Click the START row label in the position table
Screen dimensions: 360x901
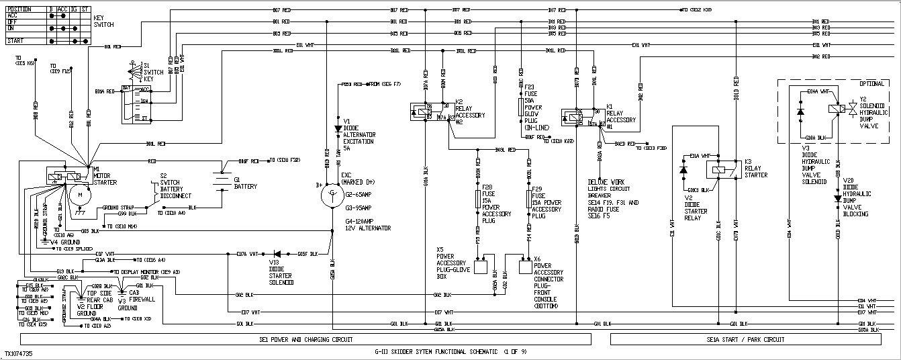(16, 41)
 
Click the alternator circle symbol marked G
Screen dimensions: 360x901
(332, 195)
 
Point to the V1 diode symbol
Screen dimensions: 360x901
(338, 128)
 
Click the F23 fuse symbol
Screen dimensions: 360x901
(521, 107)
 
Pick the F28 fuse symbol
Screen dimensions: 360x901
(478, 198)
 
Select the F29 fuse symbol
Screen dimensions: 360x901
(528, 199)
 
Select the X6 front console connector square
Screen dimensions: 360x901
(526, 267)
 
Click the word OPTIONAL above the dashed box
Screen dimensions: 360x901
(873, 83)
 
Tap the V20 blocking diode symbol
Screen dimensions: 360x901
(837, 198)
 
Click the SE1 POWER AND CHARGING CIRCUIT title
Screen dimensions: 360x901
(305, 340)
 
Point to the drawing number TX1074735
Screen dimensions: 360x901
(18, 353)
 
